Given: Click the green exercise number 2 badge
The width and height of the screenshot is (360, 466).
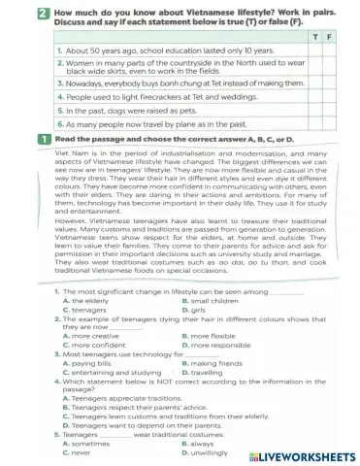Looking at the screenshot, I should click(44, 13).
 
